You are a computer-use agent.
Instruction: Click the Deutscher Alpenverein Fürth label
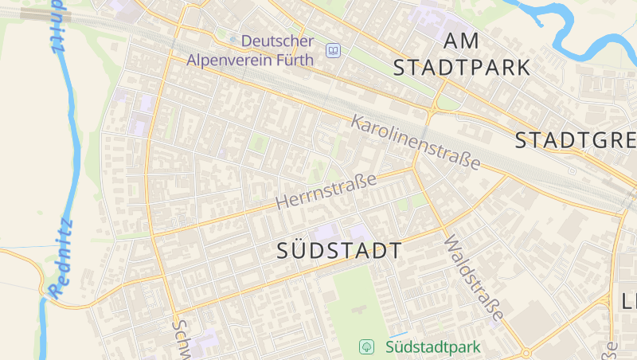[x=250, y=49]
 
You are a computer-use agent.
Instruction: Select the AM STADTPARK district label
[x=463, y=54]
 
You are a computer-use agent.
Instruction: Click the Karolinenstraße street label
[x=416, y=143]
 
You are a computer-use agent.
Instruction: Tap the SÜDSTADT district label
[x=339, y=250]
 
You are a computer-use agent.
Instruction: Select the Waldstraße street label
[x=474, y=280]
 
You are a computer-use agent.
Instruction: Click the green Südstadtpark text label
[x=433, y=347]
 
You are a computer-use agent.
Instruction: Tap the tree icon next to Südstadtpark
[x=366, y=347]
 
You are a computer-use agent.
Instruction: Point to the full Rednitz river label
[x=61, y=260]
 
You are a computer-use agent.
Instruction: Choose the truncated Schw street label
[x=181, y=338]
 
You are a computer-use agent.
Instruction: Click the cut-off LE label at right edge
[x=628, y=301]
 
